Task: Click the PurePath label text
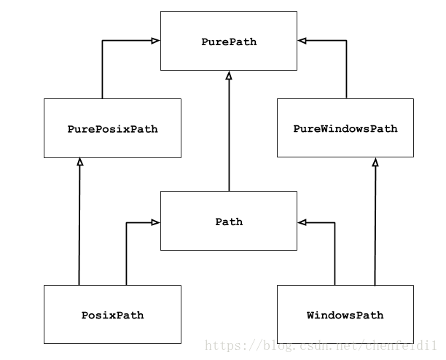[x=229, y=42]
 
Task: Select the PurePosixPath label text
[x=112, y=129]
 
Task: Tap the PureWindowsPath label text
[x=345, y=129]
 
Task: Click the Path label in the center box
[x=229, y=222]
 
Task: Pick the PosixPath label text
[x=112, y=316]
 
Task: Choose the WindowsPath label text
[x=345, y=316]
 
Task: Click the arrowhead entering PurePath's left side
[x=155, y=41]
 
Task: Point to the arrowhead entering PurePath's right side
[x=302, y=41]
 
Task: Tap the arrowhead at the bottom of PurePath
[x=229, y=75]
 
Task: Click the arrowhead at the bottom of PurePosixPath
[x=79, y=162]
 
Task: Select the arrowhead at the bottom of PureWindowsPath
[x=375, y=162]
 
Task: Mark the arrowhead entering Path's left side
[x=155, y=222]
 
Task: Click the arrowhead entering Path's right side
[x=302, y=222]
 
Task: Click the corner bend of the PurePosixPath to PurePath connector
[x=102, y=41]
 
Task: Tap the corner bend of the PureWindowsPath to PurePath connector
[x=346, y=41]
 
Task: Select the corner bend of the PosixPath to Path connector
[x=127, y=222]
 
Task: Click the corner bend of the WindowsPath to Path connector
[x=334, y=222]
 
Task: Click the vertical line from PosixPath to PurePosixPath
[x=79, y=226]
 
